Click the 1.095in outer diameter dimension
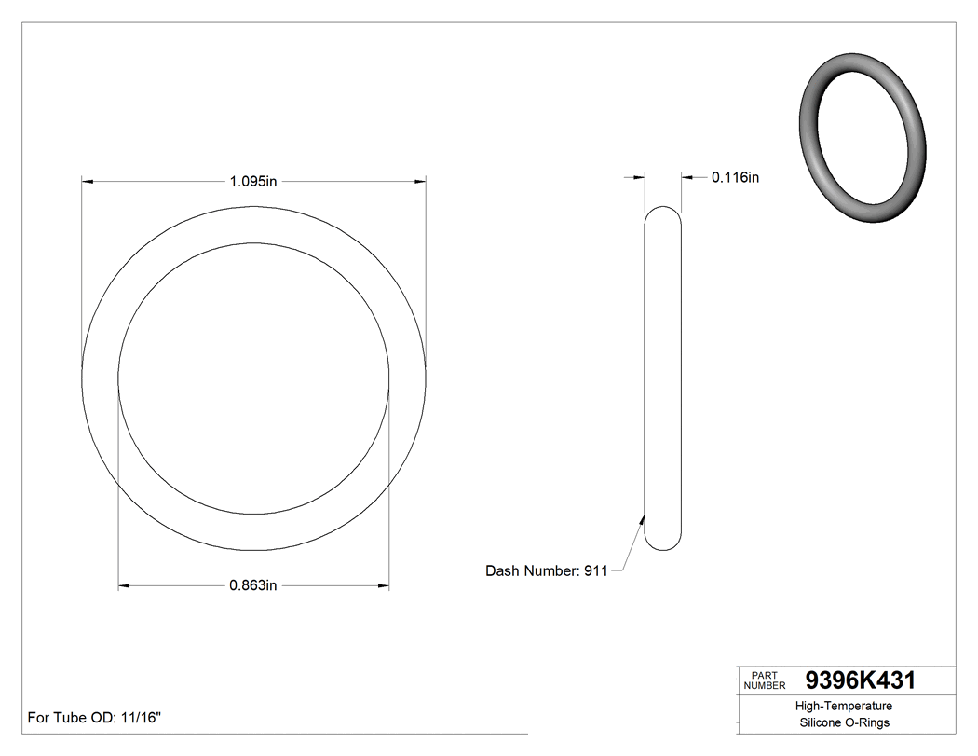[x=253, y=181]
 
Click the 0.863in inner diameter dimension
[x=253, y=585]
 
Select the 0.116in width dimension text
[x=735, y=177]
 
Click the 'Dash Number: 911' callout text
[x=546, y=570]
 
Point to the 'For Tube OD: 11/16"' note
[x=95, y=718]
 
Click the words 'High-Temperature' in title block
[x=844, y=706]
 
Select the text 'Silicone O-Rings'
[x=844, y=722]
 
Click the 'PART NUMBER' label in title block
[x=765, y=680]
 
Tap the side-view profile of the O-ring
[x=663, y=378]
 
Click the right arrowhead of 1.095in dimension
[x=420, y=181]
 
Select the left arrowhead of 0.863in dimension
[x=124, y=585]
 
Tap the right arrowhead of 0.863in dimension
[x=383, y=585]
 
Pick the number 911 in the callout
[x=595, y=570]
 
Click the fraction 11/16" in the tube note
[x=140, y=718]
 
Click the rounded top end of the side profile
[x=663, y=211]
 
